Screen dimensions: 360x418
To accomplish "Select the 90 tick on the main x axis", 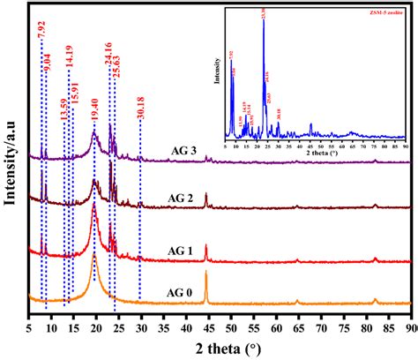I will (408, 326).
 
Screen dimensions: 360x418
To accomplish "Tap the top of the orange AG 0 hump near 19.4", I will (94, 255).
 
